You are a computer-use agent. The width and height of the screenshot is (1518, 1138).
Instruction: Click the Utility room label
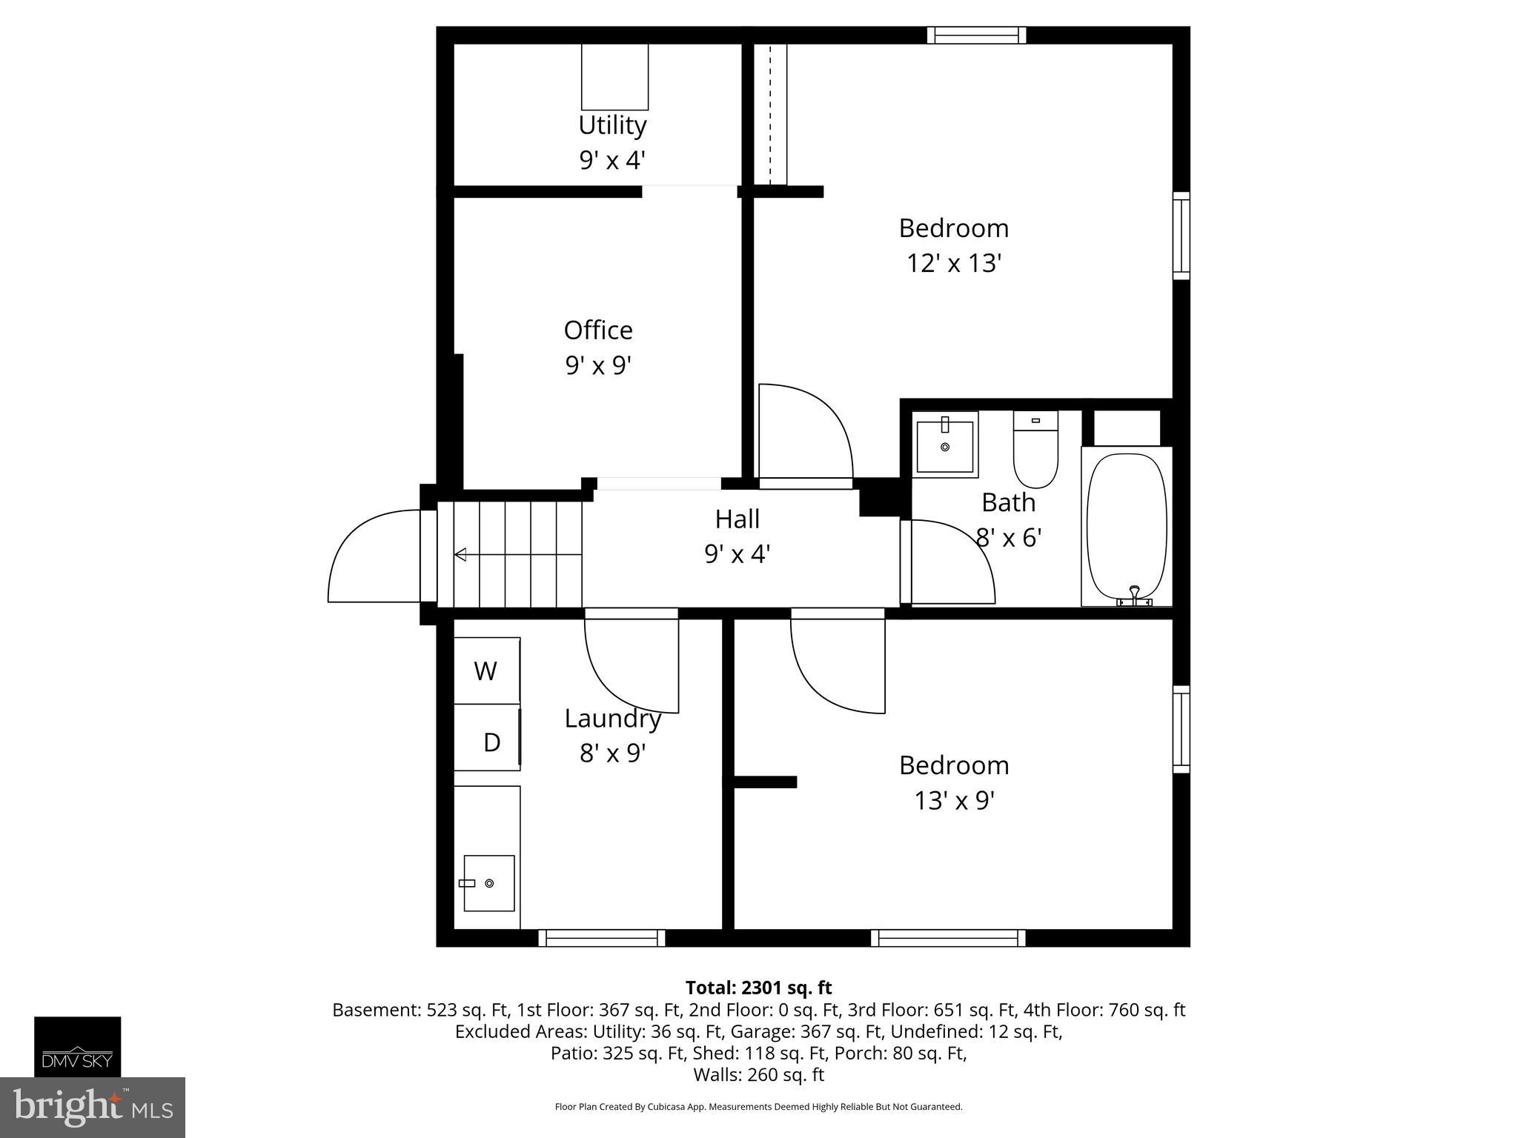(612, 125)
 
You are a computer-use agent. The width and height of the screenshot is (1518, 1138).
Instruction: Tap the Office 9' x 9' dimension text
(598, 365)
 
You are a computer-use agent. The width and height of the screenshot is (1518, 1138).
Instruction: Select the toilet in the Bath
(1035, 452)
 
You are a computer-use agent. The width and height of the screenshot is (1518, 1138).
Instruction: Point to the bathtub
(1126, 526)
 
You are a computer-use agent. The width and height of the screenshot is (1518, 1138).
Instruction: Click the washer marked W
(485, 671)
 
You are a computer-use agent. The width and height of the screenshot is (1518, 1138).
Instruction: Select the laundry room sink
(488, 883)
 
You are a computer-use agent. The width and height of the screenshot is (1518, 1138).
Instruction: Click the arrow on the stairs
(461, 554)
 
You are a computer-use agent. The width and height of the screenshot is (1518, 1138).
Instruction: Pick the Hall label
(737, 519)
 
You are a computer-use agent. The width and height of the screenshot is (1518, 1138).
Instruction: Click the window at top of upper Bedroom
(976, 35)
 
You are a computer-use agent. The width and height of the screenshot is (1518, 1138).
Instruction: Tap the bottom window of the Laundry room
(601, 939)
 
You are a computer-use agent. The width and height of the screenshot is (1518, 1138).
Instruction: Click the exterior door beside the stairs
(374, 556)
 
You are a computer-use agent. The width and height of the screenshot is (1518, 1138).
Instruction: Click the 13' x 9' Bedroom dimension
(954, 800)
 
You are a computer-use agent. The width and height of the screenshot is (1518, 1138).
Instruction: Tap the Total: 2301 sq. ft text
(758, 988)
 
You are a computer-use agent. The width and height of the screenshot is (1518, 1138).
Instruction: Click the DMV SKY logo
(77, 1047)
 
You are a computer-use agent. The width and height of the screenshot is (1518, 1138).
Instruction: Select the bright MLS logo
(92, 1108)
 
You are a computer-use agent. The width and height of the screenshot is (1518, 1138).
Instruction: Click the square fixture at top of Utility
(614, 77)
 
